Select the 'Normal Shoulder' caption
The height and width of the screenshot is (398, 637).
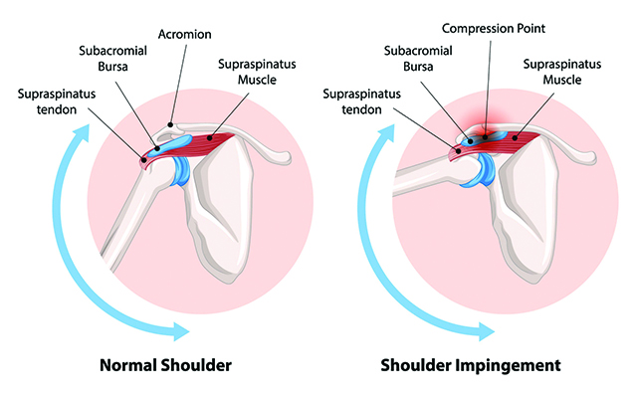pyautogui.click(x=165, y=365)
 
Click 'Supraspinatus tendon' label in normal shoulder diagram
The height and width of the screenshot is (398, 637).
pyautogui.click(x=56, y=101)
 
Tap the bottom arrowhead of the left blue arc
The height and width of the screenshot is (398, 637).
pyautogui.click(x=180, y=327)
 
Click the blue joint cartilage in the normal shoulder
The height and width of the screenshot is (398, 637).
pyautogui.click(x=184, y=170)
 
